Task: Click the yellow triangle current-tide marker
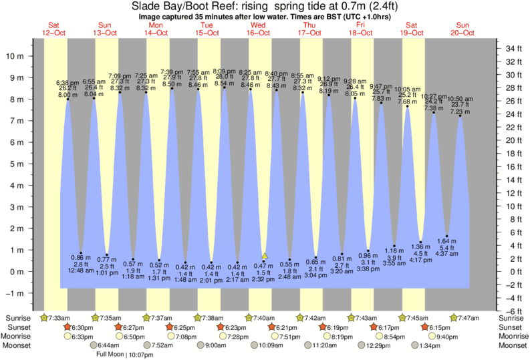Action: click(265, 255)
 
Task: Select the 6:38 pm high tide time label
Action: click(68, 81)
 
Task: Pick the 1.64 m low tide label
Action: click(446, 240)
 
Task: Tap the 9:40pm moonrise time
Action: click(446, 337)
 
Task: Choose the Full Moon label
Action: click(109, 355)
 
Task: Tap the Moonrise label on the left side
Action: click(19, 337)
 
